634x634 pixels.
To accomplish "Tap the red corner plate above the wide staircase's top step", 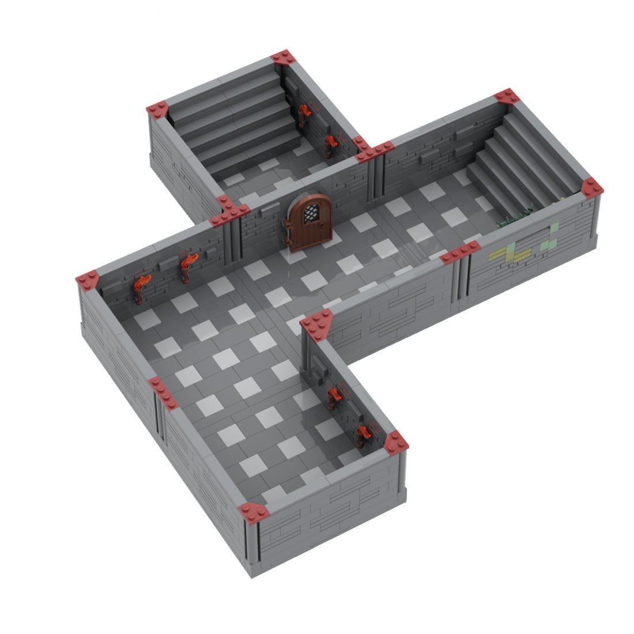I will click(x=506, y=97).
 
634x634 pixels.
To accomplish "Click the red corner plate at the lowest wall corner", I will click(x=254, y=511).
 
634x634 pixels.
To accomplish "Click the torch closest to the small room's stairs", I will click(x=302, y=115).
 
